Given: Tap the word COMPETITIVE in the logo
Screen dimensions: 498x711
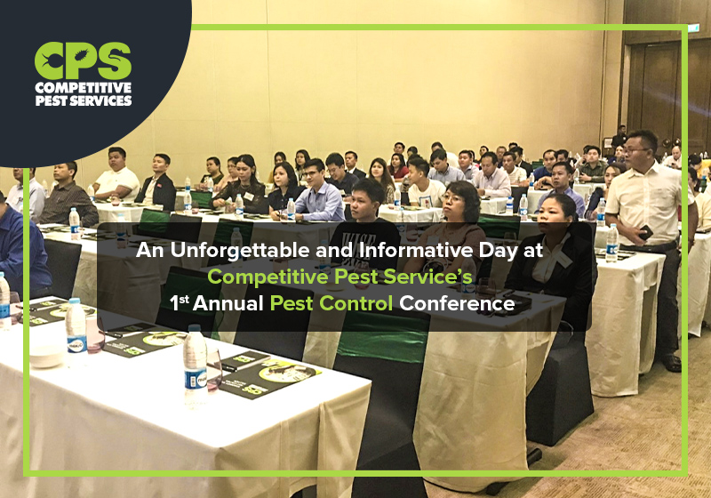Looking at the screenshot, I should point(84,88).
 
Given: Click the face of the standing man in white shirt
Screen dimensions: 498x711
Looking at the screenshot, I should point(641,148).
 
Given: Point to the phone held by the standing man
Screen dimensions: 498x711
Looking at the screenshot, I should point(647,231).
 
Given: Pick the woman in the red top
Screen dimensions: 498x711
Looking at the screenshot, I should point(399,168).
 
